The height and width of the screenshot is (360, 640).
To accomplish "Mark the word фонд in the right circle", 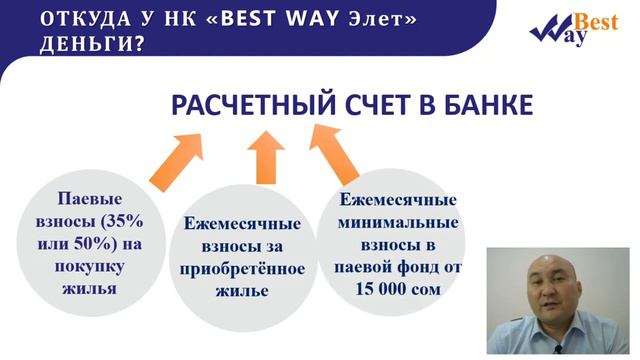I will coord(421,266).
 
